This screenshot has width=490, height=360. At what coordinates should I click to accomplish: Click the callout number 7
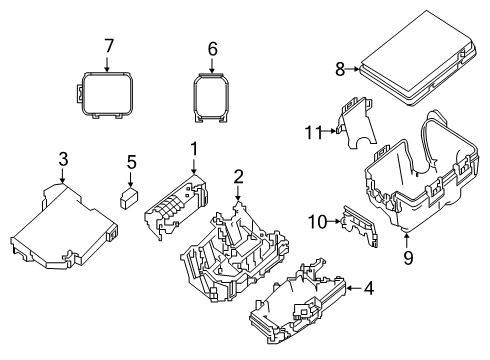coord(108,45)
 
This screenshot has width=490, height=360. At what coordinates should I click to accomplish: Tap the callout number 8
coord(339,68)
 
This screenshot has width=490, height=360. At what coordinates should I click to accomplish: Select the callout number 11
coord(311,132)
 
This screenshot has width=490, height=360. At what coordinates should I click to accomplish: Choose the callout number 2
coord(238,177)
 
